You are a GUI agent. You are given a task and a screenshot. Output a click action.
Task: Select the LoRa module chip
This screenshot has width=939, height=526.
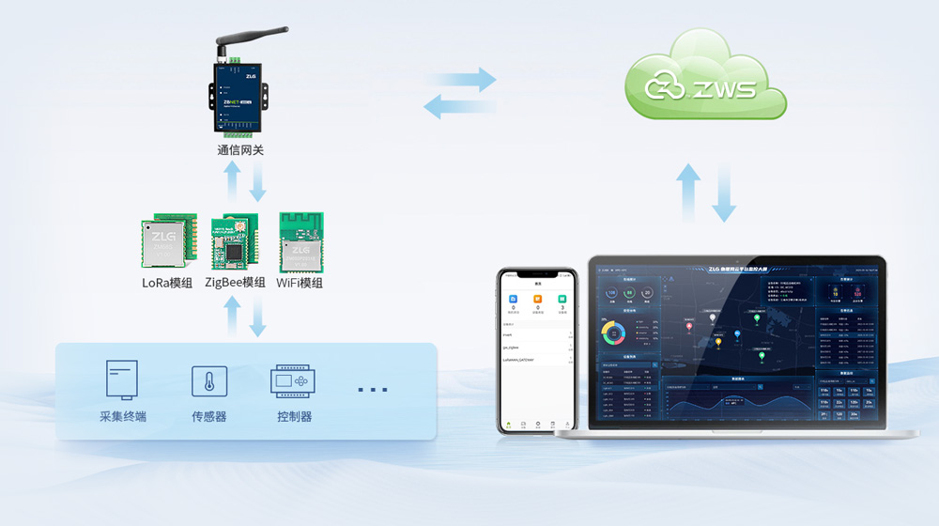click(x=168, y=243)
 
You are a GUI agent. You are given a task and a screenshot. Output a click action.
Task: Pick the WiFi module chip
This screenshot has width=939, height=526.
click(x=301, y=242)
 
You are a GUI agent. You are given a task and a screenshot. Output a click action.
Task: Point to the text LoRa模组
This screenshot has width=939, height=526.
click(x=167, y=283)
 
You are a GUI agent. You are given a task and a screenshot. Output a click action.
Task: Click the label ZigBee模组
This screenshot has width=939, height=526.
click(x=235, y=283)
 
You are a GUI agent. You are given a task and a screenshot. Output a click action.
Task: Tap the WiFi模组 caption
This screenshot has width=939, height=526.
click(x=300, y=283)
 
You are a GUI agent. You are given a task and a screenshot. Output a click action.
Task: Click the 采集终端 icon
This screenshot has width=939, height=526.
click(x=122, y=380)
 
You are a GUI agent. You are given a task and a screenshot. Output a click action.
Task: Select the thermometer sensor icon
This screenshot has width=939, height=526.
click(x=209, y=381)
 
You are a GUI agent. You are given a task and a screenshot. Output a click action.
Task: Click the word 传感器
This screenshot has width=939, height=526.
click(x=209, y=416)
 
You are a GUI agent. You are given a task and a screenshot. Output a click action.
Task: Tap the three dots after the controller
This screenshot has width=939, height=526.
click(x=373, y=389)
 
